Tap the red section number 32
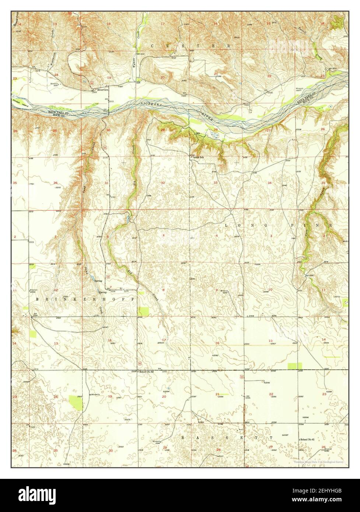click(162, 183)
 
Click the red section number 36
click(56, 183)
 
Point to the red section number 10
click(270, 290)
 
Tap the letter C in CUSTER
click(153, 45)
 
